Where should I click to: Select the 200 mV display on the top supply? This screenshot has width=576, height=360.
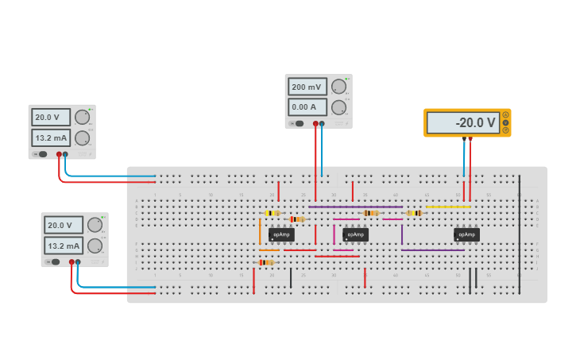coord(307,87)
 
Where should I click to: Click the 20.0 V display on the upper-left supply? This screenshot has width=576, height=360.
coord(51,117)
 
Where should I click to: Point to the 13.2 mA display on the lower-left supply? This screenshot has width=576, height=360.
coord(64,246)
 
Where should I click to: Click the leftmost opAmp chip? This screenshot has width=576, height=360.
coord(281,234)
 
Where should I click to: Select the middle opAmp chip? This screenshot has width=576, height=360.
coord(356,234)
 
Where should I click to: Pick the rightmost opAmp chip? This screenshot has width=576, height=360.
coord(466,234)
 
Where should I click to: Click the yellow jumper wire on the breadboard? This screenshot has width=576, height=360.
coord(448,207)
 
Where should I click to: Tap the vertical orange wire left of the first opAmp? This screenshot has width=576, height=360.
coord(260,231)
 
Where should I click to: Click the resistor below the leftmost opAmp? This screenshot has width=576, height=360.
coord(266,262)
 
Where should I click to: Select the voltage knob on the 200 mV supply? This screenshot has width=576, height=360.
coord(338,87)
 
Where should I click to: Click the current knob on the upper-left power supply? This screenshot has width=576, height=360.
coord(82,137)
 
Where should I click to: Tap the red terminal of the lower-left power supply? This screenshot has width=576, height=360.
coord(72,261)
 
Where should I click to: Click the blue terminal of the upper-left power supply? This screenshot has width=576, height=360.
coord(65,154)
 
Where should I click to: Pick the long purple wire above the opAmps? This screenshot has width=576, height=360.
coord(355,207)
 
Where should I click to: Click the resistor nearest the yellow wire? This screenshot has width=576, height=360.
coord(413,213)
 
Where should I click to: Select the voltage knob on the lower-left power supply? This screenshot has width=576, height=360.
coord(95,225)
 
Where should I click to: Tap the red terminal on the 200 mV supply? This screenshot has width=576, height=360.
coord(315,124)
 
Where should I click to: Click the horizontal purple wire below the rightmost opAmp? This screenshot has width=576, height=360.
coord(433,250)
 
